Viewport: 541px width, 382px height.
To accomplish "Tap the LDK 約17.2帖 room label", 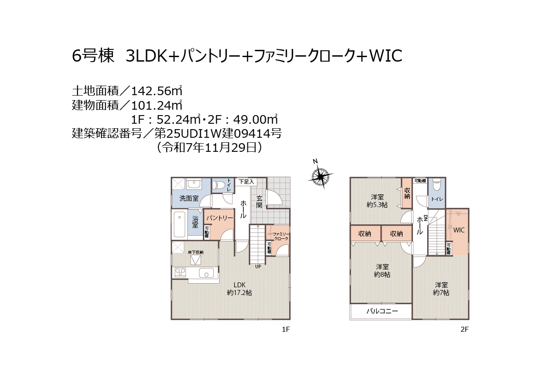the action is tap(240, 289).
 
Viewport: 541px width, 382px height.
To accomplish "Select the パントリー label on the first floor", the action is tap(220, 218).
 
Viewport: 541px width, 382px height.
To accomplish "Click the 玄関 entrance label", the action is tap(259, 202).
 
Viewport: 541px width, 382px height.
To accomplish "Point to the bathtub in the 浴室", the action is tap(179, 225).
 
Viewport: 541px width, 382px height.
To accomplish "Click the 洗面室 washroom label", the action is tap(189, 198).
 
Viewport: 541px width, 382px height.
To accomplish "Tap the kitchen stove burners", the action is tap(181, 272).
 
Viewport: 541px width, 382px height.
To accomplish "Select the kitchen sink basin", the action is tap(207, 273).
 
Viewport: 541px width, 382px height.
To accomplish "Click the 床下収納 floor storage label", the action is tap(196, 252).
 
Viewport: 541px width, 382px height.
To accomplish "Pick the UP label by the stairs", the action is tap(258, 266).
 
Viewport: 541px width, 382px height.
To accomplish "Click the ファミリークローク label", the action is tap(281, 236).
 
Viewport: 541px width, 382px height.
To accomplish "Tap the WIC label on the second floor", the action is tap(459, 230).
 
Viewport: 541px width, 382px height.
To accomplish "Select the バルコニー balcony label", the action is tap(382, 311).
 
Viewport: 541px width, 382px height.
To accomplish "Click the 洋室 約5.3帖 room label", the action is tap(377, 201).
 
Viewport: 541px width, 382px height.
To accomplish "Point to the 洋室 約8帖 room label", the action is tap(382, 271).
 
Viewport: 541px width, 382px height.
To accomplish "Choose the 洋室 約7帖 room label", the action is tap(441, 289).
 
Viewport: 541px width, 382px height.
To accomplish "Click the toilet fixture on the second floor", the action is tap(437, 185).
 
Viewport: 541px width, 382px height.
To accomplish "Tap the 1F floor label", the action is tap(285, 329).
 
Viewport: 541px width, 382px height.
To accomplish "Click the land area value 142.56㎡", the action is tap(157, 91).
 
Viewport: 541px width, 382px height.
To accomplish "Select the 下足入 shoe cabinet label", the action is tap(246, 182).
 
